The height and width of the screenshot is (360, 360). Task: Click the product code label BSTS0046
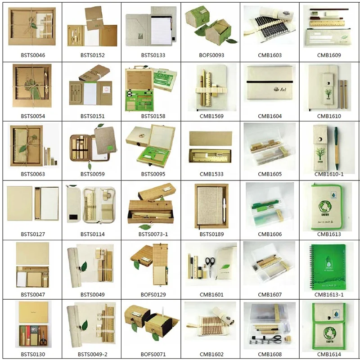point(33,55)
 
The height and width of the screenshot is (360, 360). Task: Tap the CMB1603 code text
point(270,55)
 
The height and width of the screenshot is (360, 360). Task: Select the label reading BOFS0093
point(211,55)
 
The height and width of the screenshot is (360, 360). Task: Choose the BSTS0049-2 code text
point(93,354)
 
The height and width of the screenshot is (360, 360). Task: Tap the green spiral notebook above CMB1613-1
point(329,265)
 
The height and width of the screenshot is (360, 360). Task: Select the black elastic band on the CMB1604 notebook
point(270,81)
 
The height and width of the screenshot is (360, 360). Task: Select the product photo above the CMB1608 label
point(270,325)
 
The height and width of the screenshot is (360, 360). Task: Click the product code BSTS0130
point(33,354)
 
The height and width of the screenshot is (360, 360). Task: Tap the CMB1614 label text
point(329,354)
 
